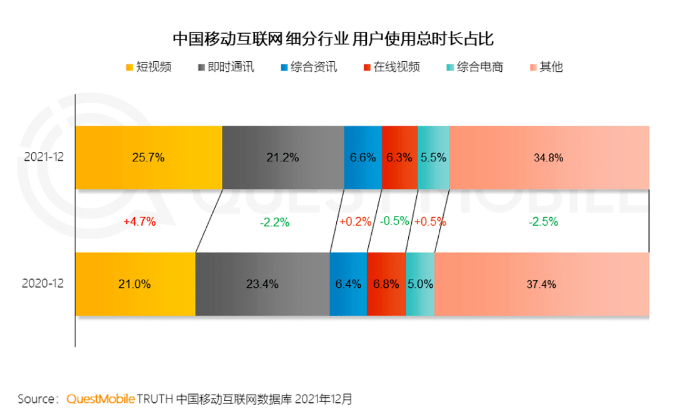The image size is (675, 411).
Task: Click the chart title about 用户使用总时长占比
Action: pos(333,39)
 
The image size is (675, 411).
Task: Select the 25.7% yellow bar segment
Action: pos(149,158)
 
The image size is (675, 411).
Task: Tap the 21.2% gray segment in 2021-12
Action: pos(282,158)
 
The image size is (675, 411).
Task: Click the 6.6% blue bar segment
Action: pos(362,158)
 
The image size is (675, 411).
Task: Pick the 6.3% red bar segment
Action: pos(399,158)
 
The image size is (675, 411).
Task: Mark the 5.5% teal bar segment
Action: pos(433,158)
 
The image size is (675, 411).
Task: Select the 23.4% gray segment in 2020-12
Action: pos(262,284)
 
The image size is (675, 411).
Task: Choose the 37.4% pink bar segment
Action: pos(541,284)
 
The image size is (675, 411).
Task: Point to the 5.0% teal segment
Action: pos(420,284)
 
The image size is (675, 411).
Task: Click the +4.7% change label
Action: pos(139,221)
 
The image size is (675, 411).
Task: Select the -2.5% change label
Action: pos(542,221)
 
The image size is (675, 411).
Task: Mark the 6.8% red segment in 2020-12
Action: pos(386,284)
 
